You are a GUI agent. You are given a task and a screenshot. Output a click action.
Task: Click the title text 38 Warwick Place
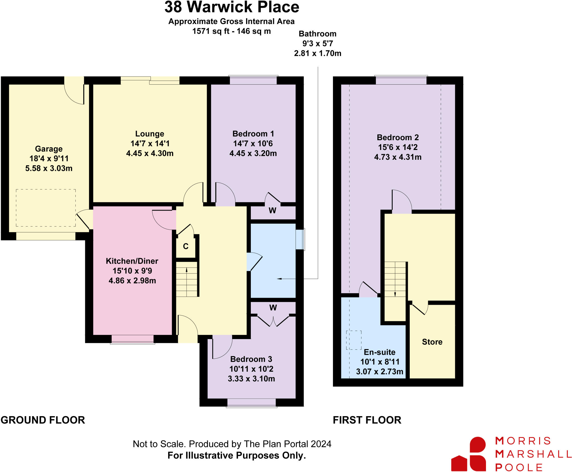(232, 7)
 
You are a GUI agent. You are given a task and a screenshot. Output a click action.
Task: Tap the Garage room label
(49, 149)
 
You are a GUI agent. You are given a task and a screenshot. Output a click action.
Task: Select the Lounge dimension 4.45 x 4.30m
(150, 153)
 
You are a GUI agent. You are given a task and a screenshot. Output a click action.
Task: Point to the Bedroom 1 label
(253, 134)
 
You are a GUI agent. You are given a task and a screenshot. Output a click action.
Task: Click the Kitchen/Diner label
(132, 261)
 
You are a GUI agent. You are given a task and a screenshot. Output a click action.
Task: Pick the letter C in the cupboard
(186, 246)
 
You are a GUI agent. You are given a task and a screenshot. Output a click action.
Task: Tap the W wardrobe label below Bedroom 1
(272, 211)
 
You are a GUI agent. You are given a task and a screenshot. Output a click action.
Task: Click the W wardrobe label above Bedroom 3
(273, 308)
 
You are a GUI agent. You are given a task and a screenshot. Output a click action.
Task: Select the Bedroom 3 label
(251, 359)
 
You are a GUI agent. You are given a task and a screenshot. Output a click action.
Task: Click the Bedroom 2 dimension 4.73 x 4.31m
(398, 157)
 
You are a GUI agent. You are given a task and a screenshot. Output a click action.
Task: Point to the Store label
(432, 342)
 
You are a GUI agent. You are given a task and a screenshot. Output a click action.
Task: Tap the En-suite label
(380, 352)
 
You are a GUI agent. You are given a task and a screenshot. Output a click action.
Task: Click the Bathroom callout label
(318, 34)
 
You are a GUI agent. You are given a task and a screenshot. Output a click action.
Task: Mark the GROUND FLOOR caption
(43, 420)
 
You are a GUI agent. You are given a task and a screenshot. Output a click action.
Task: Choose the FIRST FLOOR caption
(367, 420)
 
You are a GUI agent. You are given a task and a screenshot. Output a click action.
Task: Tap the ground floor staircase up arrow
(187, 270)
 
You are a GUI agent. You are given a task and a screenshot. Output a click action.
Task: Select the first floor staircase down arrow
(395, 294)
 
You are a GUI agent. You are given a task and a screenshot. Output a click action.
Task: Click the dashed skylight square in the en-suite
(354, 340)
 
